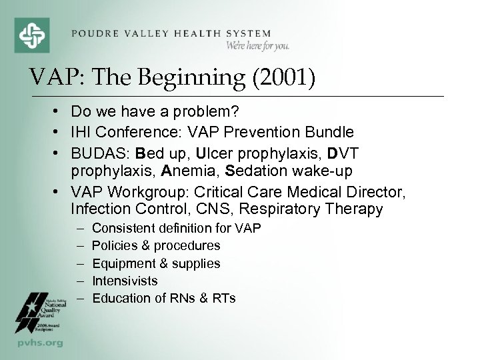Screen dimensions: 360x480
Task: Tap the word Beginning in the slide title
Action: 173,77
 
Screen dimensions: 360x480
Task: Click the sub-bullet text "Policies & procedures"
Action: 156,246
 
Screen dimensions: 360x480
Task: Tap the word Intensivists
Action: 125,281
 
